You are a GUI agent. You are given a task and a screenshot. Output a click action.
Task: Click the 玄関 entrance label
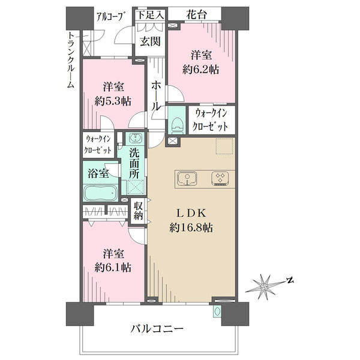click(x=150, y=41)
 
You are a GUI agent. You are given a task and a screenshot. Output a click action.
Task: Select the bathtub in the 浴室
click(x=100, y=193)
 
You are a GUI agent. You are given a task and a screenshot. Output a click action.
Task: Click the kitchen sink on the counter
click(x=187, y=179)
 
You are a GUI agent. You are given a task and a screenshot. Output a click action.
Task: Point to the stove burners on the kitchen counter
click(x=220, y=178)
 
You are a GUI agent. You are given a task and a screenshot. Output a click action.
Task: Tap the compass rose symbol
click(x=264, y=287)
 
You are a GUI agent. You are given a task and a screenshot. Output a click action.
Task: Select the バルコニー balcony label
click(x=157, y=329)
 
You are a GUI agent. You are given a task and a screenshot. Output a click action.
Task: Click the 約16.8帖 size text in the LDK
click(x=191, y=228)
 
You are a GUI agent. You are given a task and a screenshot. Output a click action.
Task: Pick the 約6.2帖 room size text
click(x=200, y=69)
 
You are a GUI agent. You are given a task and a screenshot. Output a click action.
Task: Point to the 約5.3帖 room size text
click(x=113, y=101)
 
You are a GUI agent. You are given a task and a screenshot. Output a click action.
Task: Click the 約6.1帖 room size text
click(x=113, y=268)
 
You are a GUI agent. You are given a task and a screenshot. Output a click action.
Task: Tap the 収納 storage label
click(x=138, y=211)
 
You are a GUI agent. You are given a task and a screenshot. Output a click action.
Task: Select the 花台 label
click(x=196, y=15)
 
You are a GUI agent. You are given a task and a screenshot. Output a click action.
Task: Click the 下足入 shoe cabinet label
click(x=151, y=16)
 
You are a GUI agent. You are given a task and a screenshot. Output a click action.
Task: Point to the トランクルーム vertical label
click(x=70, y=60)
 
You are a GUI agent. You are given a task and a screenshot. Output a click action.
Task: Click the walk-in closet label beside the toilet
click(x=211, y=120)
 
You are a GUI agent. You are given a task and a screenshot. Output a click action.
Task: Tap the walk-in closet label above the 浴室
click(x=98, y=145)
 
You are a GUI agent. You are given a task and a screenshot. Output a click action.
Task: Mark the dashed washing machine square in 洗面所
click(x=136, y=187)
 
